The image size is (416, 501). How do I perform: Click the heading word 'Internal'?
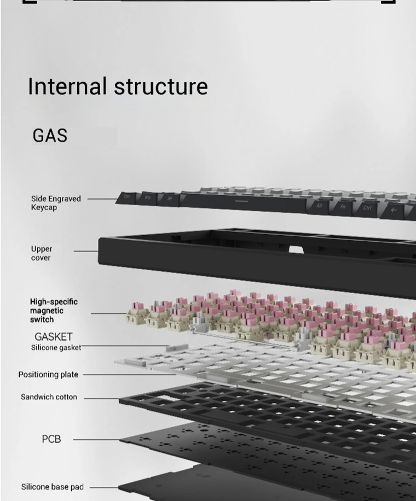66,86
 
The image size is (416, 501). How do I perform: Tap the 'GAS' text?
50,135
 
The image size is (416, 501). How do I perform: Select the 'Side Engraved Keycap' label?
55,203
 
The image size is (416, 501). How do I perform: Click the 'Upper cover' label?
41,253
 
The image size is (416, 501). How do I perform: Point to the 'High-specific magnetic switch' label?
54,310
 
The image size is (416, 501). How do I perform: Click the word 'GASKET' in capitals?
53,336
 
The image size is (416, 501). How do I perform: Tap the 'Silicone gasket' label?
56,347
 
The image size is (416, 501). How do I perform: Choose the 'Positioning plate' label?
48,375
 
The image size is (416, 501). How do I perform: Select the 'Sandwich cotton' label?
49,397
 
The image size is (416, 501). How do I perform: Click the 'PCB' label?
51,439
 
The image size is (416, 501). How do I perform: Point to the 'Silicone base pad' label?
53,487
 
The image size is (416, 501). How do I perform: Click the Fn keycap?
343,207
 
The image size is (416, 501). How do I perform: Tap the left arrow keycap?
394,209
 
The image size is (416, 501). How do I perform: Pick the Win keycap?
148,197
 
